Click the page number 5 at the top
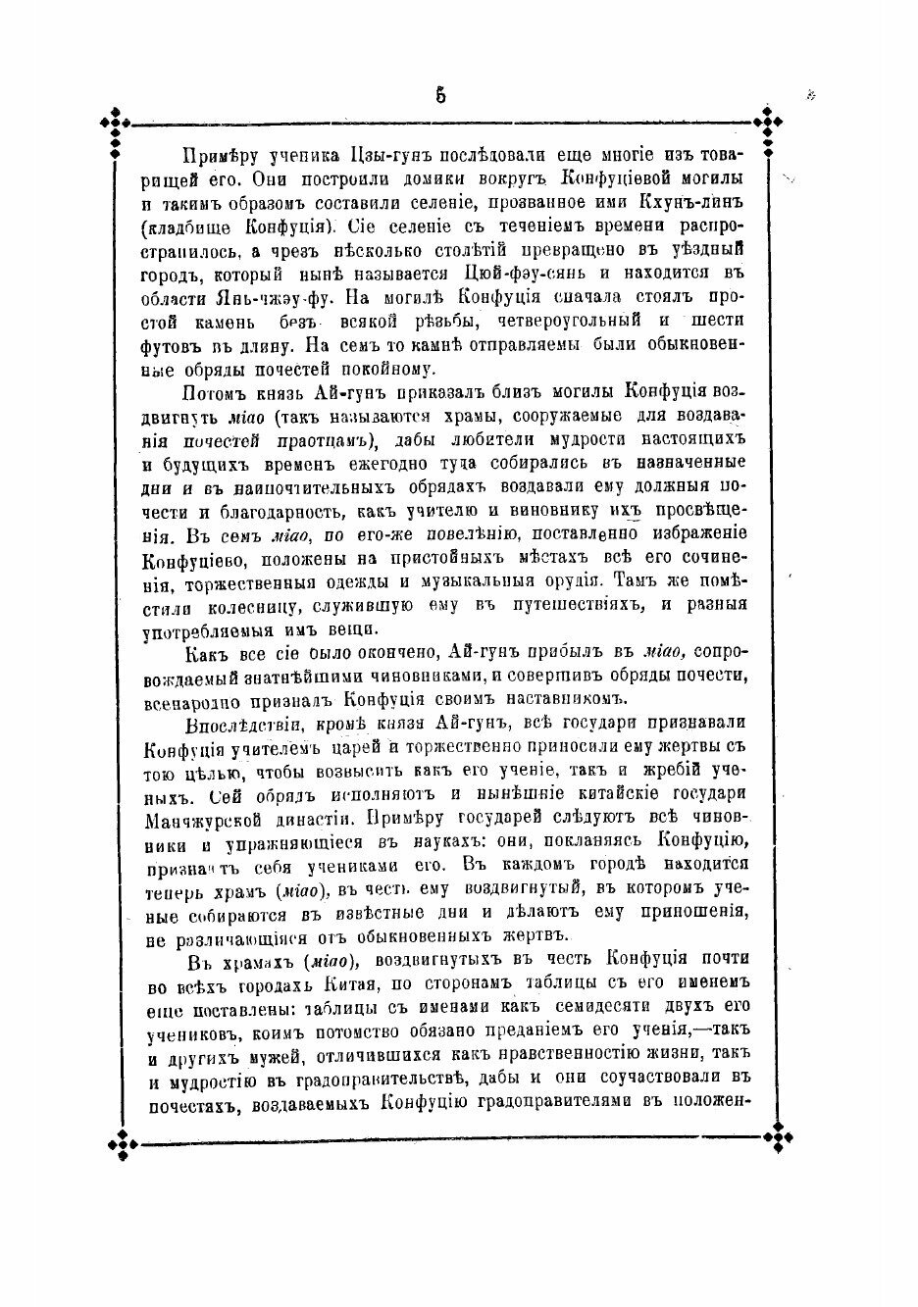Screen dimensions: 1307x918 (440, 95)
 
